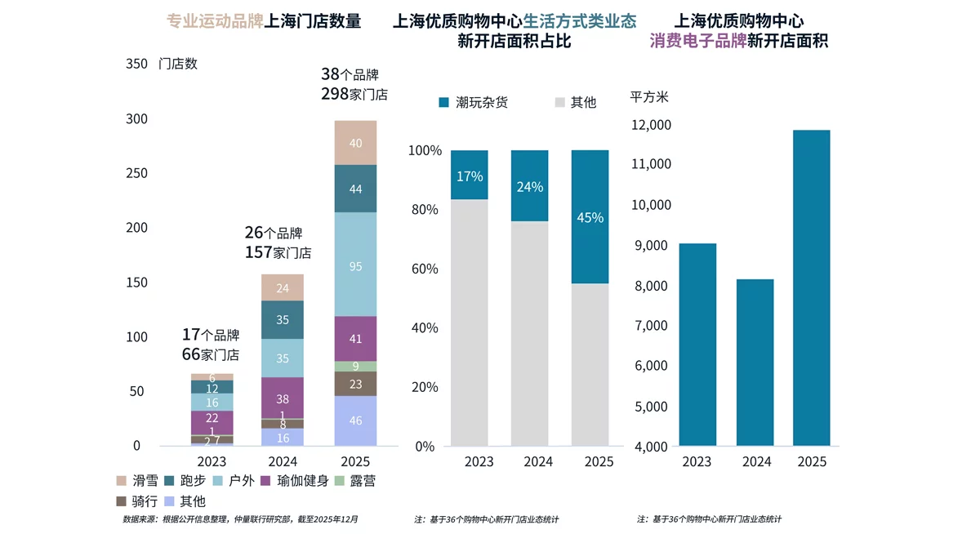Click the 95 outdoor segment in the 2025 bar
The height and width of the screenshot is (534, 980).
tap(355, 265)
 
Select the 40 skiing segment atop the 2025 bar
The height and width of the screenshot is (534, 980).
tap(355, 143)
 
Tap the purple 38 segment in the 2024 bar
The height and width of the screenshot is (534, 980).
tap(283, 398)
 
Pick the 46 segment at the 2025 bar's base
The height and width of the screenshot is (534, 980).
tap(355, 421)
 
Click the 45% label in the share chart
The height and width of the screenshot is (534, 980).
tap(590, 218)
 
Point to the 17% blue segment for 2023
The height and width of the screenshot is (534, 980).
tap(470, 176)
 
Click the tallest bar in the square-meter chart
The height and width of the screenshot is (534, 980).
tap(810, 288)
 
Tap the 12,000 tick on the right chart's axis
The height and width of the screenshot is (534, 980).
tap(652, 125)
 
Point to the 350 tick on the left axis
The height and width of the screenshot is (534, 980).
tap(136, 64)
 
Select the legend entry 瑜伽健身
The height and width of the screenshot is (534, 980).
tap(294, 481)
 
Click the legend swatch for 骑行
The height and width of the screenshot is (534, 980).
tap(122, 501)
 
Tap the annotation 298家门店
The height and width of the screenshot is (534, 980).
tap(354, 95)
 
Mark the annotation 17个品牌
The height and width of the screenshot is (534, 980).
tap(210, 335)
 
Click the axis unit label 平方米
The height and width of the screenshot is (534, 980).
tap(649, 97)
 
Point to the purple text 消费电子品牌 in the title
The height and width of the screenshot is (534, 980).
tap(698, 41)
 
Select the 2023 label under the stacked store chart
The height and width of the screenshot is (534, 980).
tap(212, 461)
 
